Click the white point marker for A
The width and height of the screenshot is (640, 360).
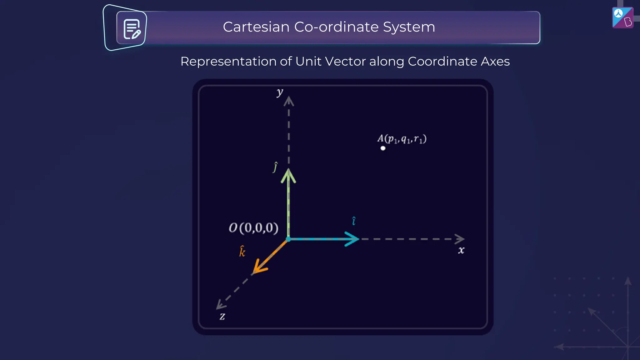383,148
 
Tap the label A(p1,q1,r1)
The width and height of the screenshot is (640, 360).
402,139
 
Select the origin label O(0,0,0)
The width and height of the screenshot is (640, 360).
253,228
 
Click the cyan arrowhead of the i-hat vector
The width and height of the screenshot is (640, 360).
353,239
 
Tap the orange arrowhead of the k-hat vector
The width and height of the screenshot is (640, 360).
259,267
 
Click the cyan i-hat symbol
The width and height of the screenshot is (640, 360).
354,221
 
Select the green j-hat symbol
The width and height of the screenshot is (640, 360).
275,167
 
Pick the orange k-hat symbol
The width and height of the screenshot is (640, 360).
242,251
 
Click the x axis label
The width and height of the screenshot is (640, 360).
461,250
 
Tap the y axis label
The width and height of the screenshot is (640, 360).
280,92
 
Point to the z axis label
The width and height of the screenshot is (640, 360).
222,316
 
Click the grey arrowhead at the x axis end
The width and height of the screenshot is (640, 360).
460,239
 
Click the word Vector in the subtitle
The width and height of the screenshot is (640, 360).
345,61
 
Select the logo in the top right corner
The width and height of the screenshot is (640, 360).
622,17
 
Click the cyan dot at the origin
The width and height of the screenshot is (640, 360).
288,239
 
